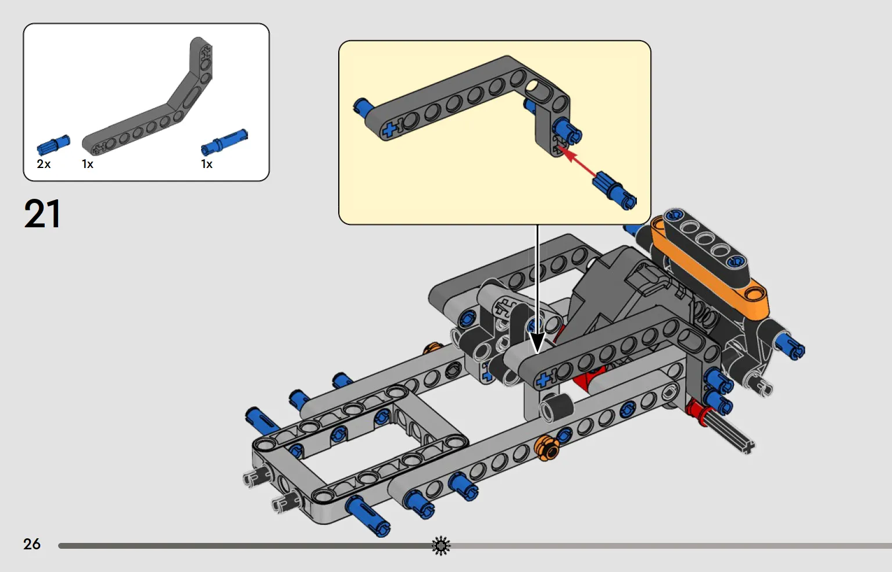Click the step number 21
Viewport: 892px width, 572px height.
tap(42, 214)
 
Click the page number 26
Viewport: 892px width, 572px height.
tap(32, 544)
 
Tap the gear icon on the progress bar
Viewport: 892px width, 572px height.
tap(441, 546)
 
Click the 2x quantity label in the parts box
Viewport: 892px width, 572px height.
tap(44, 164)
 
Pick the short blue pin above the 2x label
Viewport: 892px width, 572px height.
tap(53, 145)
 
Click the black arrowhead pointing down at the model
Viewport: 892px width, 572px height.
tap(537, 342)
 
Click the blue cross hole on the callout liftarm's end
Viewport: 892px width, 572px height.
tap(389, 130)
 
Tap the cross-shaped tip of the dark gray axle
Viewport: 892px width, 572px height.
tap(747, 448)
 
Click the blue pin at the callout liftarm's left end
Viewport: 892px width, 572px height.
tap(363, 107)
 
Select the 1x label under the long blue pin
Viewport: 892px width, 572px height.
tap(207, 164)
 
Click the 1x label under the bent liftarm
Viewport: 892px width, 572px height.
tap(88, 164)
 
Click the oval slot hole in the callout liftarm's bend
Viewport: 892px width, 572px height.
tap(539, 92)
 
